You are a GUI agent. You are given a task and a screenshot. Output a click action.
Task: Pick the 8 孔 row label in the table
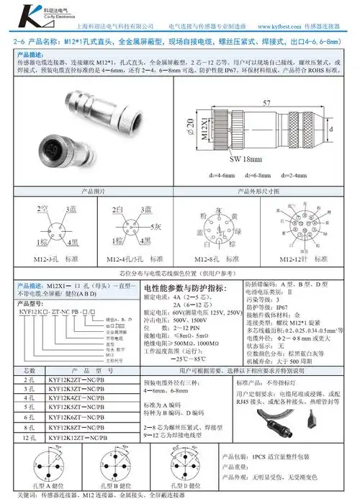(x=30, y=427)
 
